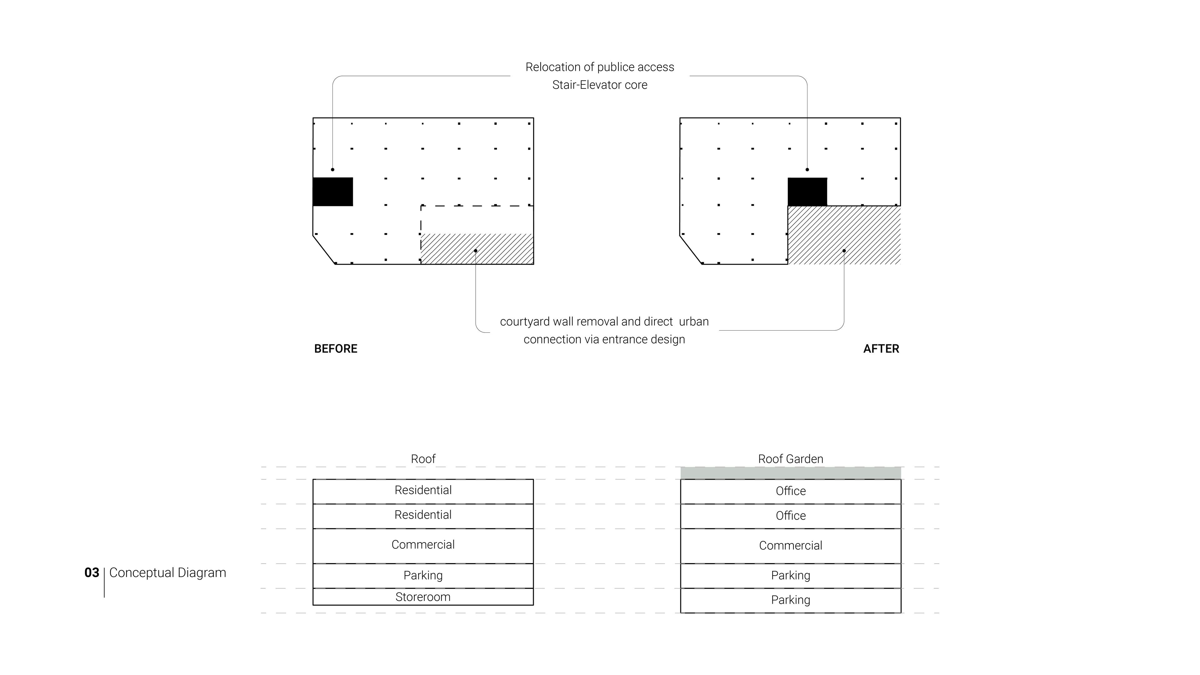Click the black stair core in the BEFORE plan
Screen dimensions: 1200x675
point(332,192)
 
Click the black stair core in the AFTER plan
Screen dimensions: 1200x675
point(807,192)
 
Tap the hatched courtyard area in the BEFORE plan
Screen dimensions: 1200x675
point(477,249)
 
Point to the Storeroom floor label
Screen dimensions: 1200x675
point(423,597)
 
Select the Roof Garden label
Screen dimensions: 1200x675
point(791,459)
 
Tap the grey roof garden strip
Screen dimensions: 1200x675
point(791,473)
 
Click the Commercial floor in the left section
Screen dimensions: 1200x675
point(423,546)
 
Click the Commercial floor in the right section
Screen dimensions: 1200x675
point(791,546)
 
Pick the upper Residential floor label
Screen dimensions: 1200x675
point(423,490)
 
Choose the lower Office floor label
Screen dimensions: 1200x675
point(791,516)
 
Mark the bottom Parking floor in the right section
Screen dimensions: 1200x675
point(791,600)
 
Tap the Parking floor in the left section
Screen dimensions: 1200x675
point(423,576)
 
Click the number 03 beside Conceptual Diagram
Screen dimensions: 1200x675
point(92,572)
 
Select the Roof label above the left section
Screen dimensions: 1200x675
point(423,459)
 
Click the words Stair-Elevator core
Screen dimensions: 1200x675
point(600,85)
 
